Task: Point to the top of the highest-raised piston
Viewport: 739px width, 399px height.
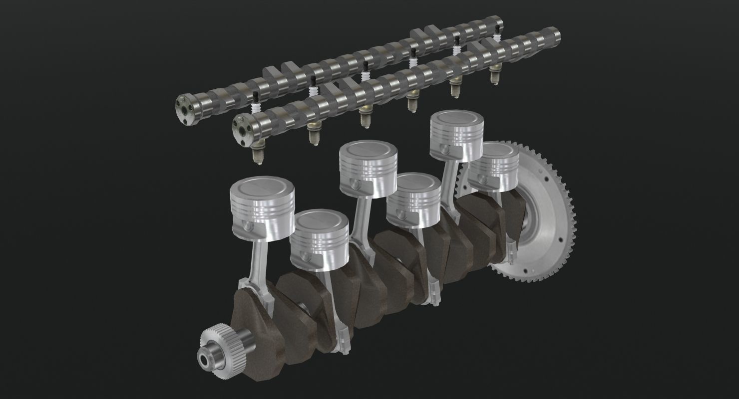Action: (x=457, y=121)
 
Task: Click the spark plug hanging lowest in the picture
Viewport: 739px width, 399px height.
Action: (x=257, y=155)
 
